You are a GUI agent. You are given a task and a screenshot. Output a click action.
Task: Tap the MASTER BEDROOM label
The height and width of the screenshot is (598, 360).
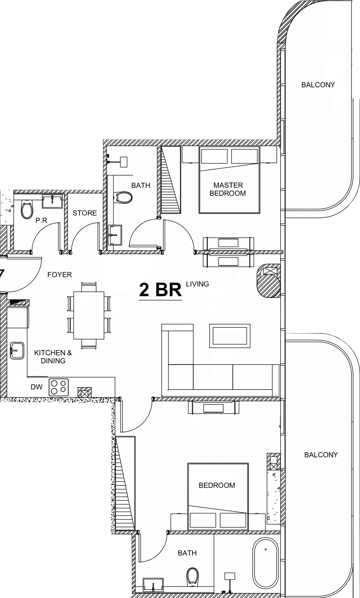click(x=228, y=189)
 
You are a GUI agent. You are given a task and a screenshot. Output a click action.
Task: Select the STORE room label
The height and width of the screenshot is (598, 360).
click(x=85, y=213)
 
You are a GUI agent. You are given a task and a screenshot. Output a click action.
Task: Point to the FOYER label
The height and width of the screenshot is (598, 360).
click(x=59, y=275)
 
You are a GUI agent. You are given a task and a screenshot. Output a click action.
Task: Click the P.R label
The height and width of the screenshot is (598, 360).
click(x=41, y=220)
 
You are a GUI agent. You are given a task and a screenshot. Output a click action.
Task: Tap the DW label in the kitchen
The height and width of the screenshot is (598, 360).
click(x=36, y=387)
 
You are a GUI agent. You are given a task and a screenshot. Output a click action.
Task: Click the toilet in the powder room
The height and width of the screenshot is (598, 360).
click(x=26, y=210)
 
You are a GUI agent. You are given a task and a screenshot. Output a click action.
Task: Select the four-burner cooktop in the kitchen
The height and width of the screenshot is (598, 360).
click(x=59, y=387)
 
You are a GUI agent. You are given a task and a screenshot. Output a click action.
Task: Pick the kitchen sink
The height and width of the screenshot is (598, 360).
click(x=17, y=350)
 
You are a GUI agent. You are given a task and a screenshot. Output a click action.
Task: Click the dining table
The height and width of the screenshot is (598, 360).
click(x=89, y=315)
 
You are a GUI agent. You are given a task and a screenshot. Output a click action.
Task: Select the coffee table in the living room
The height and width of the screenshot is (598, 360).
click(x=230, y=336)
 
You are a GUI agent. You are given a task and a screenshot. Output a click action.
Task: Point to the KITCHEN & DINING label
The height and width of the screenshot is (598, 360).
click(x=53, y=356)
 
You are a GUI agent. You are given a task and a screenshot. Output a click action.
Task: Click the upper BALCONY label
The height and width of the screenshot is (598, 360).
click(x=318, y=85)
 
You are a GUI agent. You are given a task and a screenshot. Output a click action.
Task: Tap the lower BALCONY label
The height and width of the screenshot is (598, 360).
click(x=321, y=455)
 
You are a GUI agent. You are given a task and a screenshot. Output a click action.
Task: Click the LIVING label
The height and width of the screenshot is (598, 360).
click(x=197, y=284)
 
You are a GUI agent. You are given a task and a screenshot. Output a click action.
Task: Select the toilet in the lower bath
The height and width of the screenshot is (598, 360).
click(x=192, y=576)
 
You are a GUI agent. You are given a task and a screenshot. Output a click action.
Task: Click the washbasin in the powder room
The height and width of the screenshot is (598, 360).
click(x=53, y=201)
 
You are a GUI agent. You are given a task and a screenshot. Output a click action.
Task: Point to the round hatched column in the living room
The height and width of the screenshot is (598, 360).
click(x=269, y=281)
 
